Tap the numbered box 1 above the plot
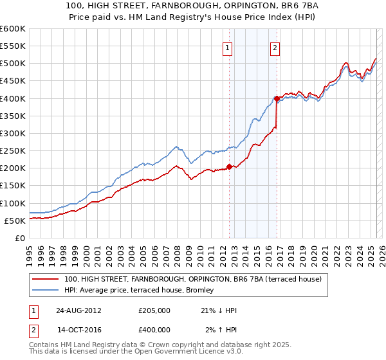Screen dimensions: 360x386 coord(228,47)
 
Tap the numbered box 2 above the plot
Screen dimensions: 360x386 coord(275,47)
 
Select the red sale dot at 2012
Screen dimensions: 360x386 coord(230,166)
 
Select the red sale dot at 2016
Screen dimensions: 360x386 coord(277,99)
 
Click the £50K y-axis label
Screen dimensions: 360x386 coord(14,221)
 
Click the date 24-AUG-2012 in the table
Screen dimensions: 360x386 coord(78,310)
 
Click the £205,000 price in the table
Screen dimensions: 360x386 coord(154,310)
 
